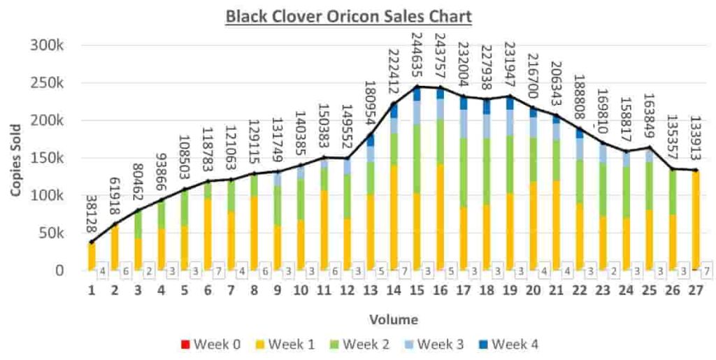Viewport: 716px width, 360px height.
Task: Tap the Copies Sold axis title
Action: tap(15, 158)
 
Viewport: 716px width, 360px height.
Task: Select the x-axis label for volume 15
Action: tap(417, 290)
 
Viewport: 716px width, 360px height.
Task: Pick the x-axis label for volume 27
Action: tap(696, 290)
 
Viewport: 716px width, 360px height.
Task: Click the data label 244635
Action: tap(417, 57)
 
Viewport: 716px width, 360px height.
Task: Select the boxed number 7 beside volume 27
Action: tap(708, 271)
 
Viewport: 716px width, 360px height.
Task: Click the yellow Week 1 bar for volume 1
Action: tap(92, 257)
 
